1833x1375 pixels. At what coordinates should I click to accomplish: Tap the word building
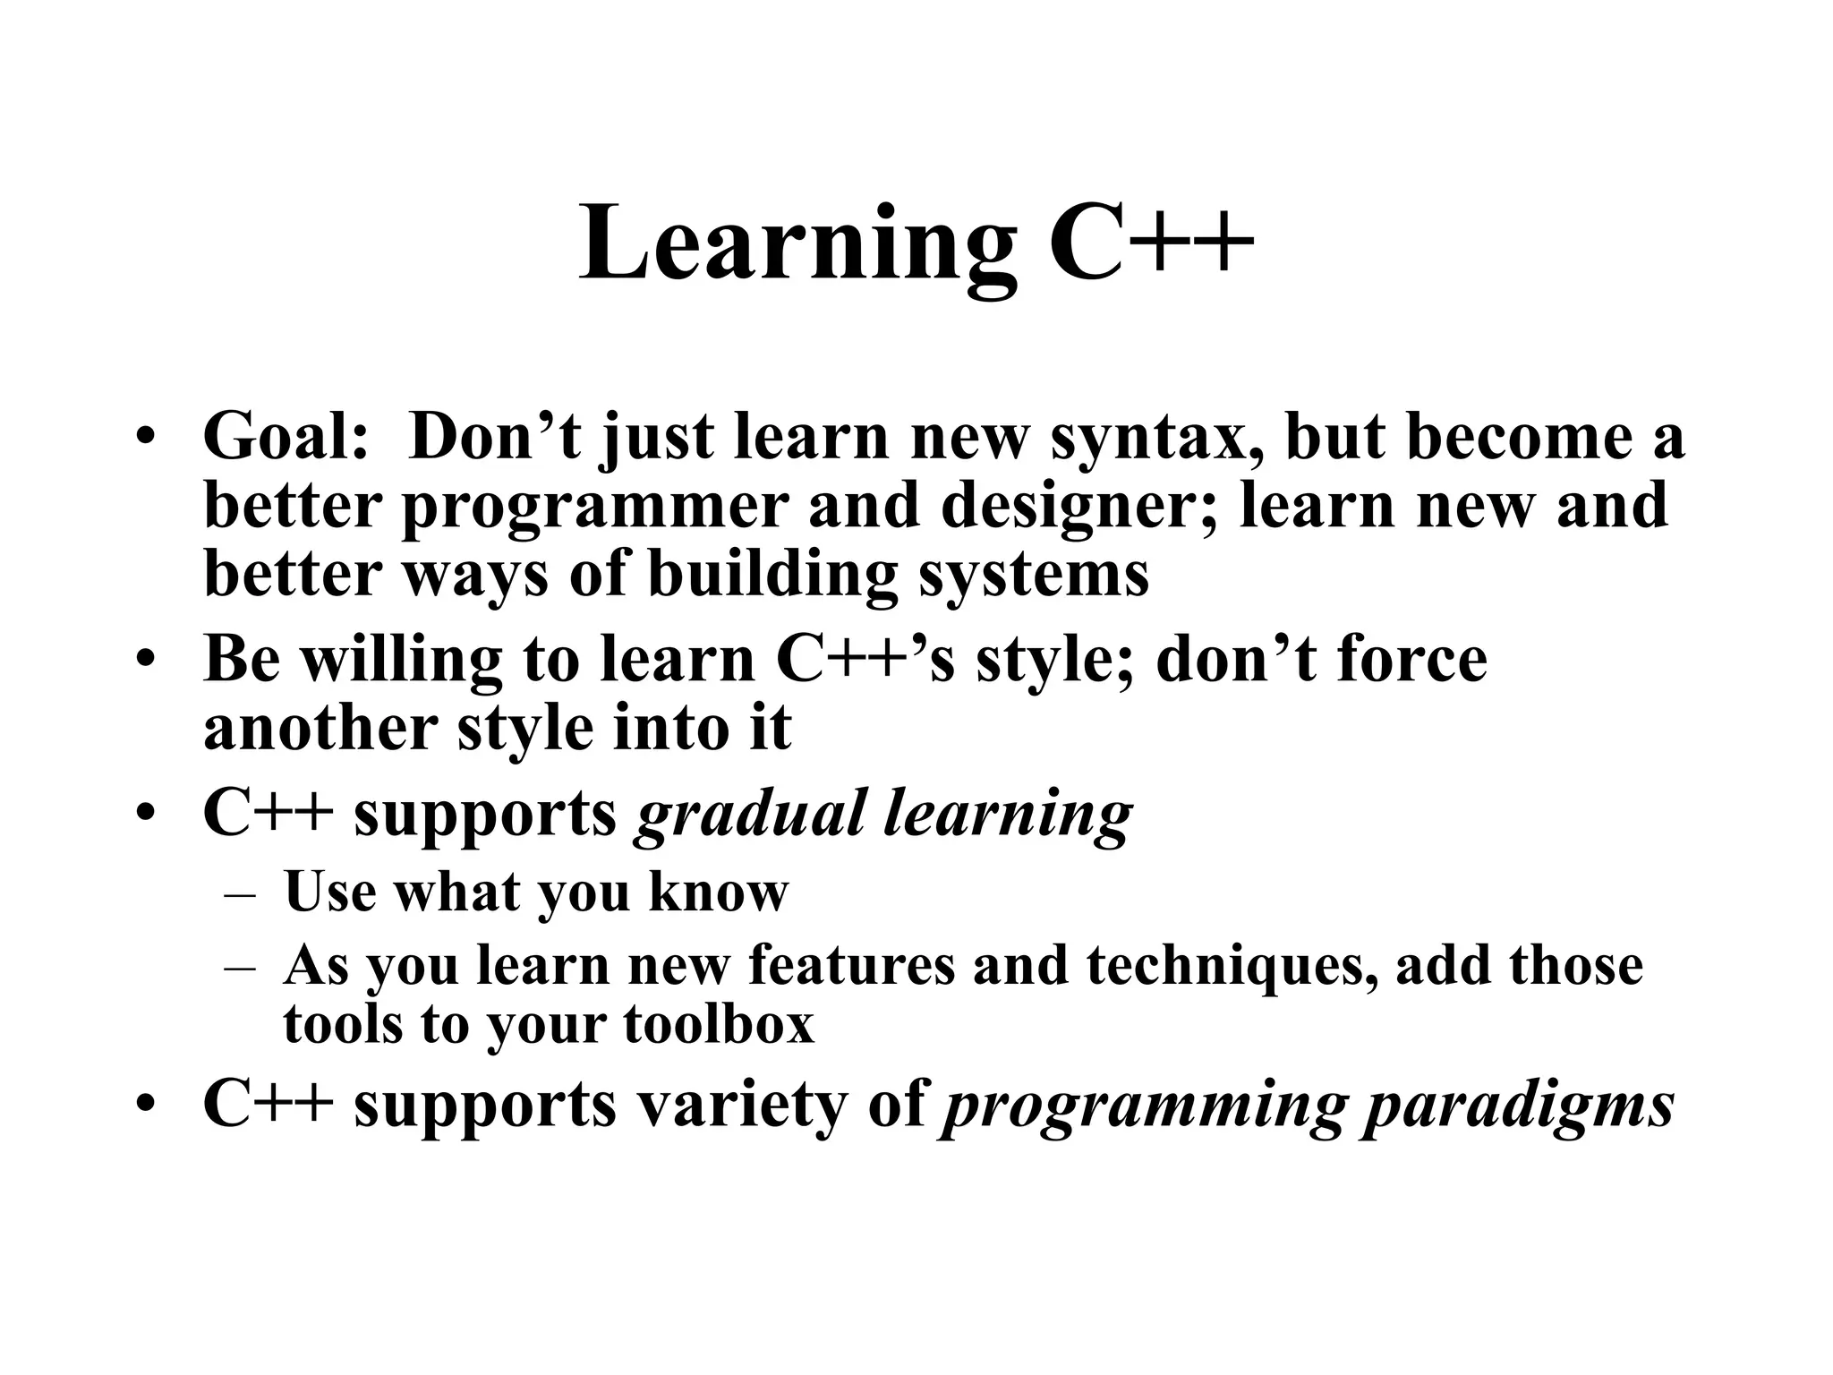pyautogui.click(x=772, y=576)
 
